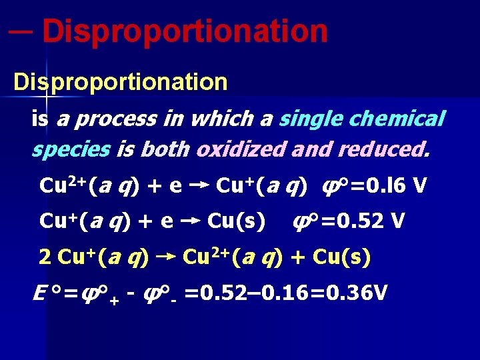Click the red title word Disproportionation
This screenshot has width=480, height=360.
(x=187, y=31)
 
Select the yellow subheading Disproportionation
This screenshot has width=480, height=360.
(x=121, y=83)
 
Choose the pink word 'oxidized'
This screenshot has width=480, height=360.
(x=241, y=149)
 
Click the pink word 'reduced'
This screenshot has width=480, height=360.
(x=384, y=149)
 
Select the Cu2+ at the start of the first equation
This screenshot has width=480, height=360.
(x=59, y=184)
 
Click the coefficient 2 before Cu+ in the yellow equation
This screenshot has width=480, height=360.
(x=46, y=257)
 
